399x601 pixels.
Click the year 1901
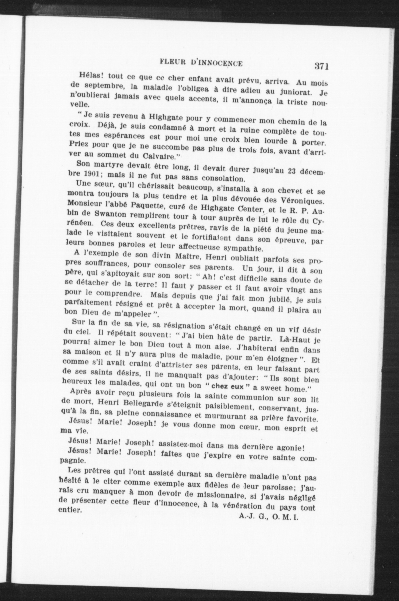point(91,175)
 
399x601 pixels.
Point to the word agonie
point(292,447)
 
